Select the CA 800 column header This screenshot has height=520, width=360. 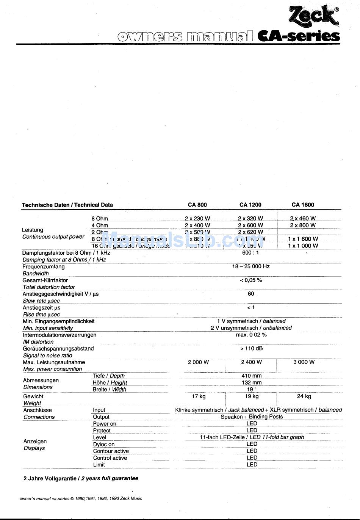[197, 205]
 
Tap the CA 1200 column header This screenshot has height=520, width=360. [250, 205]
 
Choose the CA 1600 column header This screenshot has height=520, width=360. [303, 205]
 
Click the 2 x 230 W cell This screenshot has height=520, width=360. [197, 218]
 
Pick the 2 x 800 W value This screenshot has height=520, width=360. [303, 225]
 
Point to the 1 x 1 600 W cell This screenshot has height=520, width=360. [303, 239]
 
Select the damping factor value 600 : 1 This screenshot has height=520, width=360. [250, 252]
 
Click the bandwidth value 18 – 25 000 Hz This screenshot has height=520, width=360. [250, 266]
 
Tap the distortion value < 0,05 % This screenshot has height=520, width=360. [250, 280]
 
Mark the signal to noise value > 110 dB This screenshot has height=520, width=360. [251, 348]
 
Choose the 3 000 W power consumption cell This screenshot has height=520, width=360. [304, 362]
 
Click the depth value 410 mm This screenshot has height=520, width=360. [251, 376]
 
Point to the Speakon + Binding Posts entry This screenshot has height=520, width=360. [252, 417]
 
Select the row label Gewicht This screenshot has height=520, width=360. [33, 396]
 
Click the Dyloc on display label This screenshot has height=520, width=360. [104, 444]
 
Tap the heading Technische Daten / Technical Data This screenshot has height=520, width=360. [67, 205]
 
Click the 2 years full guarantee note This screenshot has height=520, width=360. [81, 478]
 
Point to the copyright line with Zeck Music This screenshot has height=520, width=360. [81, 498]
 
